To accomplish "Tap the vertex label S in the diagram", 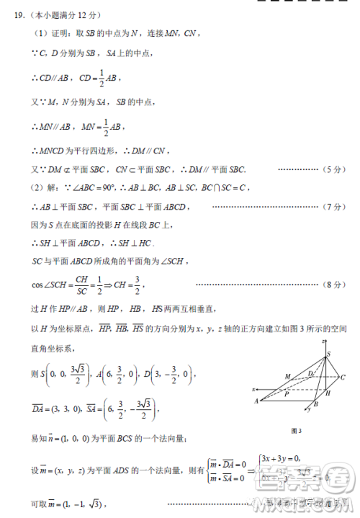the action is [328, 354].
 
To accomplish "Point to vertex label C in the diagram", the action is [343, 377].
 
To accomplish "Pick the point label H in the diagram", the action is [328, 393].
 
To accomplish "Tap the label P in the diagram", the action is [287, 395].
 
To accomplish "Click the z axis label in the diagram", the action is [325, 340].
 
